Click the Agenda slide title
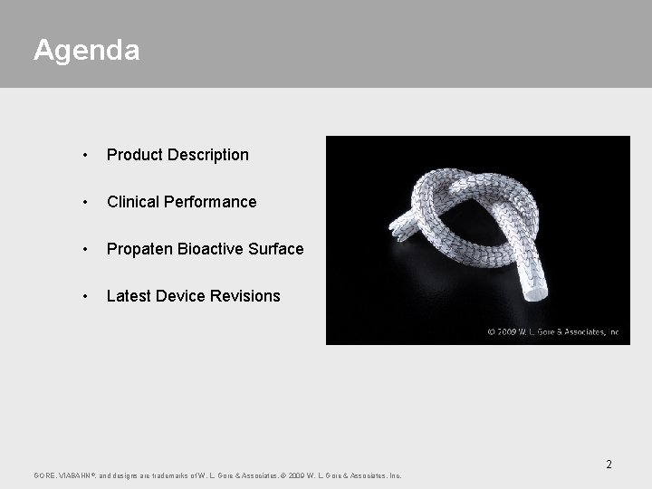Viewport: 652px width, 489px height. (87, 50)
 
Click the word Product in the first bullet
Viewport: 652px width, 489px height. (133, 155)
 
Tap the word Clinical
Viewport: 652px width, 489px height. (132, 202)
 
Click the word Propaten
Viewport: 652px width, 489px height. (137, 249)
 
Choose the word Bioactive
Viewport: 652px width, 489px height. (206, 249)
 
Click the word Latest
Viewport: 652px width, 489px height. (129, 296)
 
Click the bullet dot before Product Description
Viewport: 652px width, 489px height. (84, 156)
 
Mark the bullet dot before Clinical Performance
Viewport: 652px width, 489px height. (84, 203)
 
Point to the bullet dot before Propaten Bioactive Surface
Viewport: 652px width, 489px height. (84, 250)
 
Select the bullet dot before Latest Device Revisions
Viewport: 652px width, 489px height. (84, 297)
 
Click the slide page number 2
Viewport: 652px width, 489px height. (609, 465)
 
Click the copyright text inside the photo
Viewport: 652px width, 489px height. (552, 332)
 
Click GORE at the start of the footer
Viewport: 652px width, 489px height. (43, 475)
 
